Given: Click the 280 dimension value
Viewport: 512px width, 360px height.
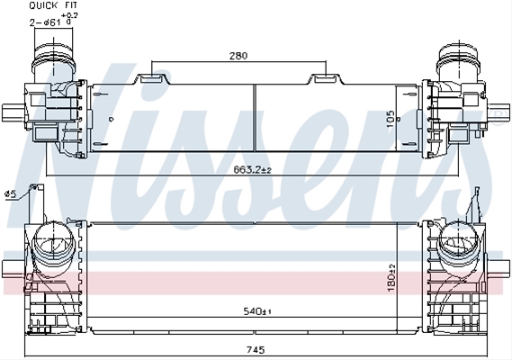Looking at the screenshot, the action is point(238,56).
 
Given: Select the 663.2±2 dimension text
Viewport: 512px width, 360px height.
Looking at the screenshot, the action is point(253,169).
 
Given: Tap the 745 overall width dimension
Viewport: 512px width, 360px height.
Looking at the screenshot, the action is point(256,350).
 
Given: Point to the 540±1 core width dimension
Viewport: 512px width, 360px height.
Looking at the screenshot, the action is point(257,311).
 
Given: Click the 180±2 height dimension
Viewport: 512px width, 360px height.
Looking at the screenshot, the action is point(391,278).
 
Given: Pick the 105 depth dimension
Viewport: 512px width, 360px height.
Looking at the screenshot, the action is point(391,119).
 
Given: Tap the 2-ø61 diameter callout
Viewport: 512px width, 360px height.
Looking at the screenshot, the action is point(45,22).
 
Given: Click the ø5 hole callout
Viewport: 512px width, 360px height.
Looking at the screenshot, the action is point(10,194).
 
